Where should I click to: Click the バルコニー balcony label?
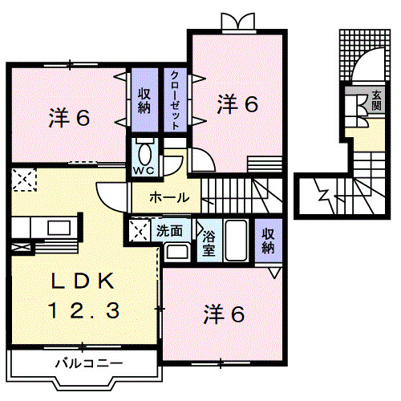tap(89, 363)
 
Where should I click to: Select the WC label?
tap(144, 171)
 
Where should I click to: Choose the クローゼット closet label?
tap(174, 100)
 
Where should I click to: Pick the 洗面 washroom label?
tap(168, 230)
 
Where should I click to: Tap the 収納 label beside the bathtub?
tap(267, 240)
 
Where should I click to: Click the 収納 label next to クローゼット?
tap(144, 101)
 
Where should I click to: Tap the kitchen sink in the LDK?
tap(58, 229)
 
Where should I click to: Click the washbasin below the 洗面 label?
tap(176, 253)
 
